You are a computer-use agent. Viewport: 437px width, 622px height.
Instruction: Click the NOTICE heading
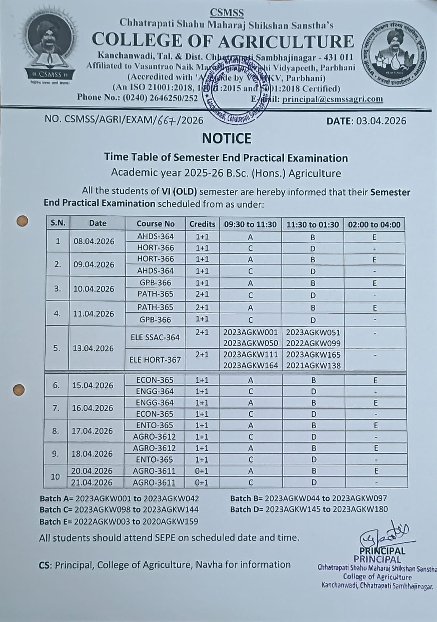(x=226, y=138)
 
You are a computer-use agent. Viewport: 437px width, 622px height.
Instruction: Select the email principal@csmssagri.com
(x=333, y=99)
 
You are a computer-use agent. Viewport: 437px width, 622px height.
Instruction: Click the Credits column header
(x=202, y=224)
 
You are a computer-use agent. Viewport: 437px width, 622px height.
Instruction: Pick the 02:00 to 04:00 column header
(x=374, y=224)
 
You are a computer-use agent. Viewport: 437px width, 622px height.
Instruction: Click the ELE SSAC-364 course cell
(x=155, y=337)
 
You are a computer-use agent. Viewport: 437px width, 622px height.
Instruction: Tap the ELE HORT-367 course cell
(x=155, y=360)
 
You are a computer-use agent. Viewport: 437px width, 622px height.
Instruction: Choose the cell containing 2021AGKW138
(x=313, y=365)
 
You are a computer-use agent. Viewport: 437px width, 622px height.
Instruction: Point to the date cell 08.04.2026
(x=94, y=241)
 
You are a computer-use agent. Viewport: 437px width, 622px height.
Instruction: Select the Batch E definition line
(x=118, y=522)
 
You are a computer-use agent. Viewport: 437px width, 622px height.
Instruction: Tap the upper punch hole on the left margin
(x=23, y=221)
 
